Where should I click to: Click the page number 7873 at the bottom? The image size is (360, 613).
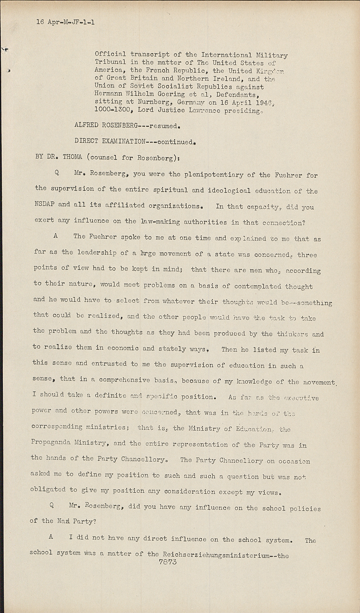click(x=168, y=562)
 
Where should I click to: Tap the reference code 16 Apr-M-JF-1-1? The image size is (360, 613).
click(x=65, y=22)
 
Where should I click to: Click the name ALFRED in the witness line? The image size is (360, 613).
click(x=86, y=125)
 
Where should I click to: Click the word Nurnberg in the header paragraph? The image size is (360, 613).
click(x=147, y=102)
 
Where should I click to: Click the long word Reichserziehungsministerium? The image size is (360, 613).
click(x=216, y=555)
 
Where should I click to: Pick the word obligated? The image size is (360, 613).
click(x=47, y=490)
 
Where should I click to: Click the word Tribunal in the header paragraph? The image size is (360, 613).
click(x=110, y=62)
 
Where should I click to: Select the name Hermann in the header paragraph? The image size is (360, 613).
click(x=109, y=94)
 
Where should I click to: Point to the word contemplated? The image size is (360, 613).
click(x=256, y=286)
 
